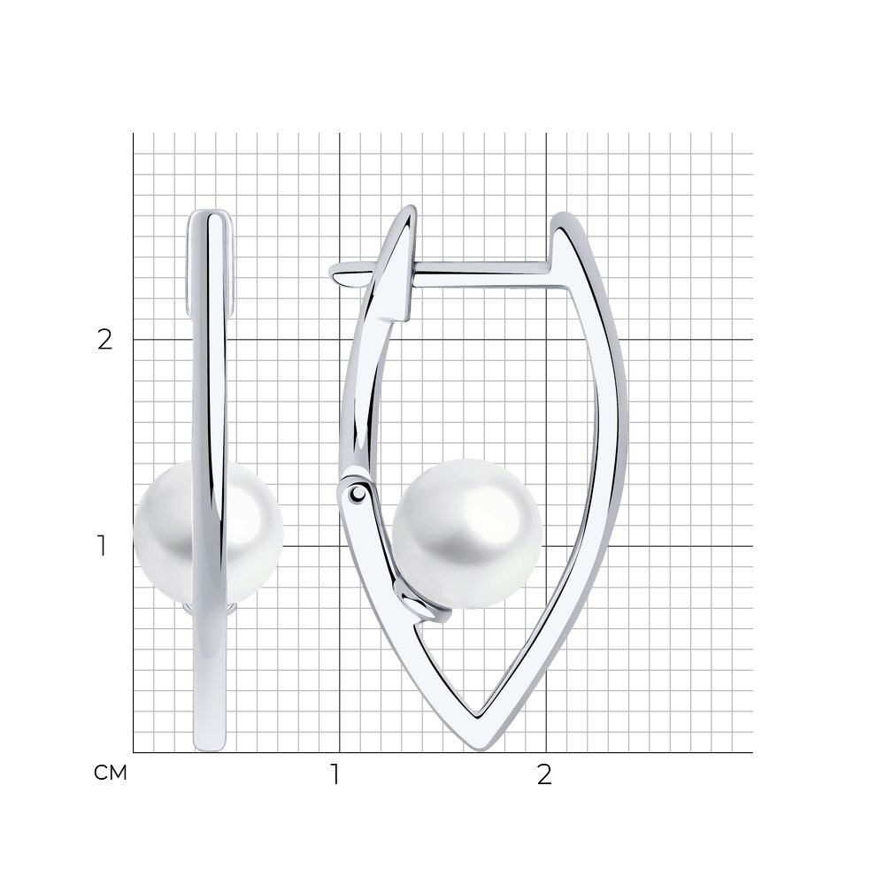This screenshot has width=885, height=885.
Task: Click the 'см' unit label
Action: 111,773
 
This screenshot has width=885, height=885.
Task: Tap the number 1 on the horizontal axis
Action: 335,774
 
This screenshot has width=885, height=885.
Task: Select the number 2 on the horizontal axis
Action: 543,774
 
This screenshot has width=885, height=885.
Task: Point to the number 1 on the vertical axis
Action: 102,546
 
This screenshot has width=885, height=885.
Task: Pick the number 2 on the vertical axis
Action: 105,340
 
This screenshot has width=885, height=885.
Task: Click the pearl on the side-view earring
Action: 467,534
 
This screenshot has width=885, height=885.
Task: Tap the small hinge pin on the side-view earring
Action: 358,494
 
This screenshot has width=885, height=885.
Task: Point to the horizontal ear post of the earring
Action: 480,273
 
